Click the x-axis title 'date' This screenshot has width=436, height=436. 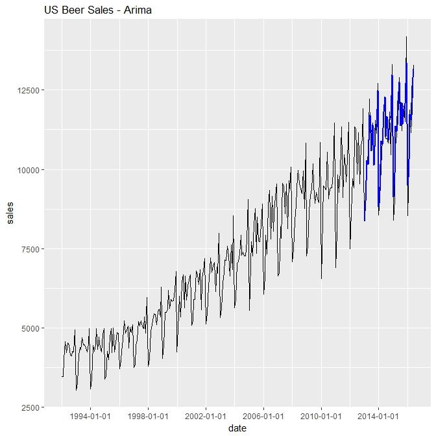[x=237, y=428]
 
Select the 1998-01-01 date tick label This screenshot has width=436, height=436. [x=148, y=417]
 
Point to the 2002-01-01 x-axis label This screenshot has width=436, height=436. [x=206, y=417]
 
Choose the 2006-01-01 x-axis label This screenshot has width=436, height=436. [x=263, y=417]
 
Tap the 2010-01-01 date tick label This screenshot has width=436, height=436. [x=321, y=417]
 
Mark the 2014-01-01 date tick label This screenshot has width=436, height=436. [x=378, y=417]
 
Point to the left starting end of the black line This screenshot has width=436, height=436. [x=62, y=376]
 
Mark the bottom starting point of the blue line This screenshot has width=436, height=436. [x=365, y=221]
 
